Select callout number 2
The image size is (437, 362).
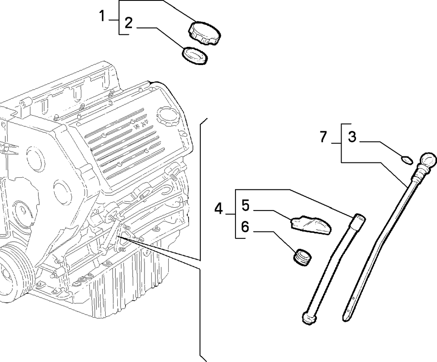tap(128, 23)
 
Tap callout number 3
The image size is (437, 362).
tap(352, 137)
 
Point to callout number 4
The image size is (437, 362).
tap(218, 209)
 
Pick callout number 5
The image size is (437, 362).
tap(246, 205)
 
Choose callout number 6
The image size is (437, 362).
tap(245, 227)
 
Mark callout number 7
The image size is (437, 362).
tap(323, 137)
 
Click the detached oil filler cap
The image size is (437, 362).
tap(205, 33)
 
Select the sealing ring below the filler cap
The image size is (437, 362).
tap(195, 56)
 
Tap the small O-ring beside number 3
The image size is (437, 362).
tap(407, 160)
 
